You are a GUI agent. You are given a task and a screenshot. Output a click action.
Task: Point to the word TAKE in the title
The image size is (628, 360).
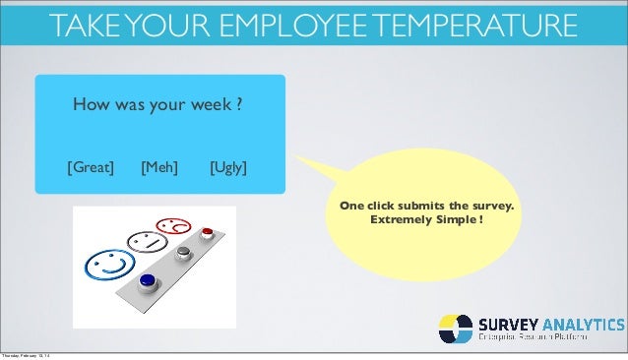point(91,24)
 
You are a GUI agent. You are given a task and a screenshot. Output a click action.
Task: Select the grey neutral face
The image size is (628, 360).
point(145,240)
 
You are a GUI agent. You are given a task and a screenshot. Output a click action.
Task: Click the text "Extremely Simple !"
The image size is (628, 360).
point(426,219)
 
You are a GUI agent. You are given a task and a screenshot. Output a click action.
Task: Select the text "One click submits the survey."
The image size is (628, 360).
point(426,207)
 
